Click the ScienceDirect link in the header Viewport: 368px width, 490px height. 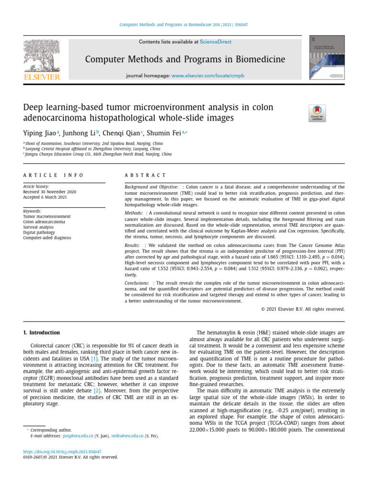(x=215, y=42)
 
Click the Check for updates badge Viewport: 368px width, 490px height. (x=317, y=113)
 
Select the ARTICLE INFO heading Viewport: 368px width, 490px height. (x=53, y=176)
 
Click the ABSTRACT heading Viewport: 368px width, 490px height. (x=145, y=176)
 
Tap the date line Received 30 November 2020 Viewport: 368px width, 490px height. (x=49, y=192)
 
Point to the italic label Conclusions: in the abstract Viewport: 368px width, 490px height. (x=137, y=283)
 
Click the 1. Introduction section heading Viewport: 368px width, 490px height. (x=42, y=333)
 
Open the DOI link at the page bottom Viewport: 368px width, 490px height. (x=62, y=451)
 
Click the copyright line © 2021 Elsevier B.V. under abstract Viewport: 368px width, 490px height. (x=303, y=309)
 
